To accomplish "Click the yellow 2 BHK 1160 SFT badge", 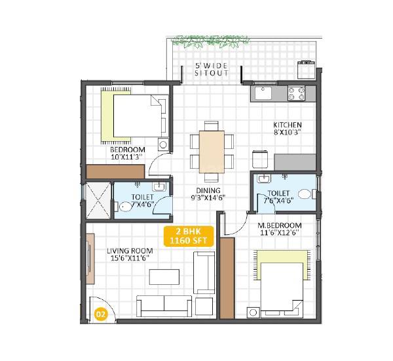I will (187, 236).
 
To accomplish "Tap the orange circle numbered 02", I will (102, 313).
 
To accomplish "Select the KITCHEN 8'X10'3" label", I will (287, 129).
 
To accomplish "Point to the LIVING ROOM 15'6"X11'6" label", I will (130, 255).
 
